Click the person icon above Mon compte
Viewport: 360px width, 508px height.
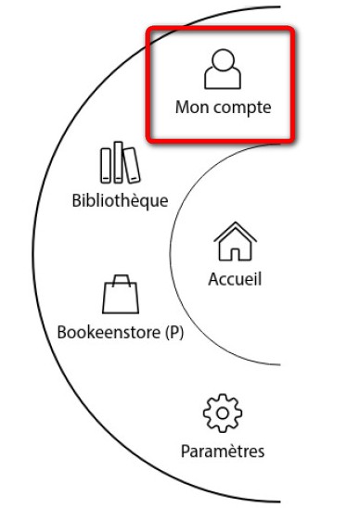(x=223, y=69)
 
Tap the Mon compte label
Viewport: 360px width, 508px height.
(x=223, y=108)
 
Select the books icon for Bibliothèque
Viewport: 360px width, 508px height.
(x=120, y=162)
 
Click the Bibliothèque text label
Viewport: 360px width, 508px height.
(x=120, y=201)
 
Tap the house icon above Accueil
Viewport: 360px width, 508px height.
(x=235, y=241)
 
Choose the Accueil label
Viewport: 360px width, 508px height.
(x=235, y=279)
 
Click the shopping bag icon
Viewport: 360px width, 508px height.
(x=121, y=294)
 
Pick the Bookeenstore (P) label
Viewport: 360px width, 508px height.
(x=121, y=333)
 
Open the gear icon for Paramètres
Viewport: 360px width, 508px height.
(x=223, y=413)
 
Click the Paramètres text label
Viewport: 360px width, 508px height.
(x=223, y=451)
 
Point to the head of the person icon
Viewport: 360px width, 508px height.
(x=223, y=59)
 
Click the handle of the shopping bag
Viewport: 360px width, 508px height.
(x=122, y=281)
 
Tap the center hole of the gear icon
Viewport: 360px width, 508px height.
(x=223, y=413)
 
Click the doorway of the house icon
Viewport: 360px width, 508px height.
(x=235, y=254)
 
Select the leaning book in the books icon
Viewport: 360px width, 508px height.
(x=132, y=165)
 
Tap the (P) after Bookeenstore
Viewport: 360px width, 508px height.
(x=174, y=333)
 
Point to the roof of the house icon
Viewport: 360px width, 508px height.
(x=235, y=232)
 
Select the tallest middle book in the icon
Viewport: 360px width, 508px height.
(x=119, y=162)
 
